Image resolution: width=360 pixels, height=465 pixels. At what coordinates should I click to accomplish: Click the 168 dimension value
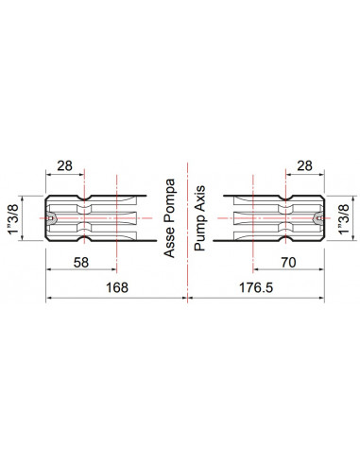(x=117, y=287)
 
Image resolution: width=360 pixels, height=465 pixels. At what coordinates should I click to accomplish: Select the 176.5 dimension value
(x=256, y=287)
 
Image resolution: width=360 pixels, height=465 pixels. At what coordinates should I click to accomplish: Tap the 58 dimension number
(x=81, y=263)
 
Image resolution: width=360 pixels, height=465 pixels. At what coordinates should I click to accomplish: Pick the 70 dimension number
(x=288, y=262)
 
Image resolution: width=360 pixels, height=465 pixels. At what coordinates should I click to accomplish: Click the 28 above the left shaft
(x=64, y=165)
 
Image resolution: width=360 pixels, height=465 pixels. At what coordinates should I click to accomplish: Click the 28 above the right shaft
(x=304, y=165)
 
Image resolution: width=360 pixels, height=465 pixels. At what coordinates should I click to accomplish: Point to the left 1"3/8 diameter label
(x=14, y=218)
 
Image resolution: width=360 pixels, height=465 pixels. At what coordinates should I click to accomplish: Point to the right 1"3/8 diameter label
(x=344, y=218)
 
